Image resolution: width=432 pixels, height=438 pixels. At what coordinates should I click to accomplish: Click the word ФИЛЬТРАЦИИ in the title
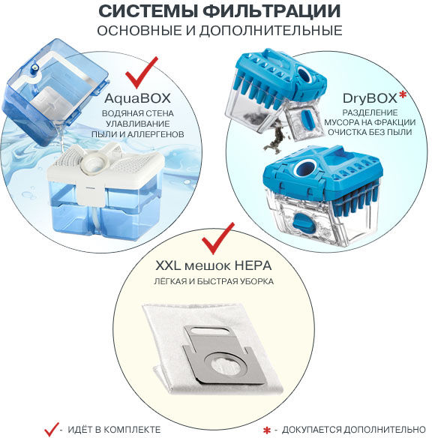coord(271,11)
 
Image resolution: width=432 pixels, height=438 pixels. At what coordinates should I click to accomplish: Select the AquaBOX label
coord(137,98)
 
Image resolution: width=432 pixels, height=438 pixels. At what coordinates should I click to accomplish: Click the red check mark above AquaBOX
coord(141,72)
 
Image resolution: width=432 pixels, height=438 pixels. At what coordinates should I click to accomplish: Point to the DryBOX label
coord(370,98)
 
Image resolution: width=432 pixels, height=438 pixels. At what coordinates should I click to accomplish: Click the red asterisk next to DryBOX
coord(403,95)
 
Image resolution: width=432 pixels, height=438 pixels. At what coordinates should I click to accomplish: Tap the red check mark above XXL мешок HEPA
coord(217,238)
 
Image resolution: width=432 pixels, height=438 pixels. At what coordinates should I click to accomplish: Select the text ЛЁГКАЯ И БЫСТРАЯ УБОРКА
coord(214,281)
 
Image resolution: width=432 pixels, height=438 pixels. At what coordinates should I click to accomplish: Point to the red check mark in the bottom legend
coord(52,429)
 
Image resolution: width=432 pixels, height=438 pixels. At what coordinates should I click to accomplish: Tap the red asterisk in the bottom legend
coord(267,430)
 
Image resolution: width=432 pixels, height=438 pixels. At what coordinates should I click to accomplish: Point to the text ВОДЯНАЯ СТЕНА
coord(138,114)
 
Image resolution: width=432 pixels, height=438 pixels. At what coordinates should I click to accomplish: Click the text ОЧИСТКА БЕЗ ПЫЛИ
coord(370,132)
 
